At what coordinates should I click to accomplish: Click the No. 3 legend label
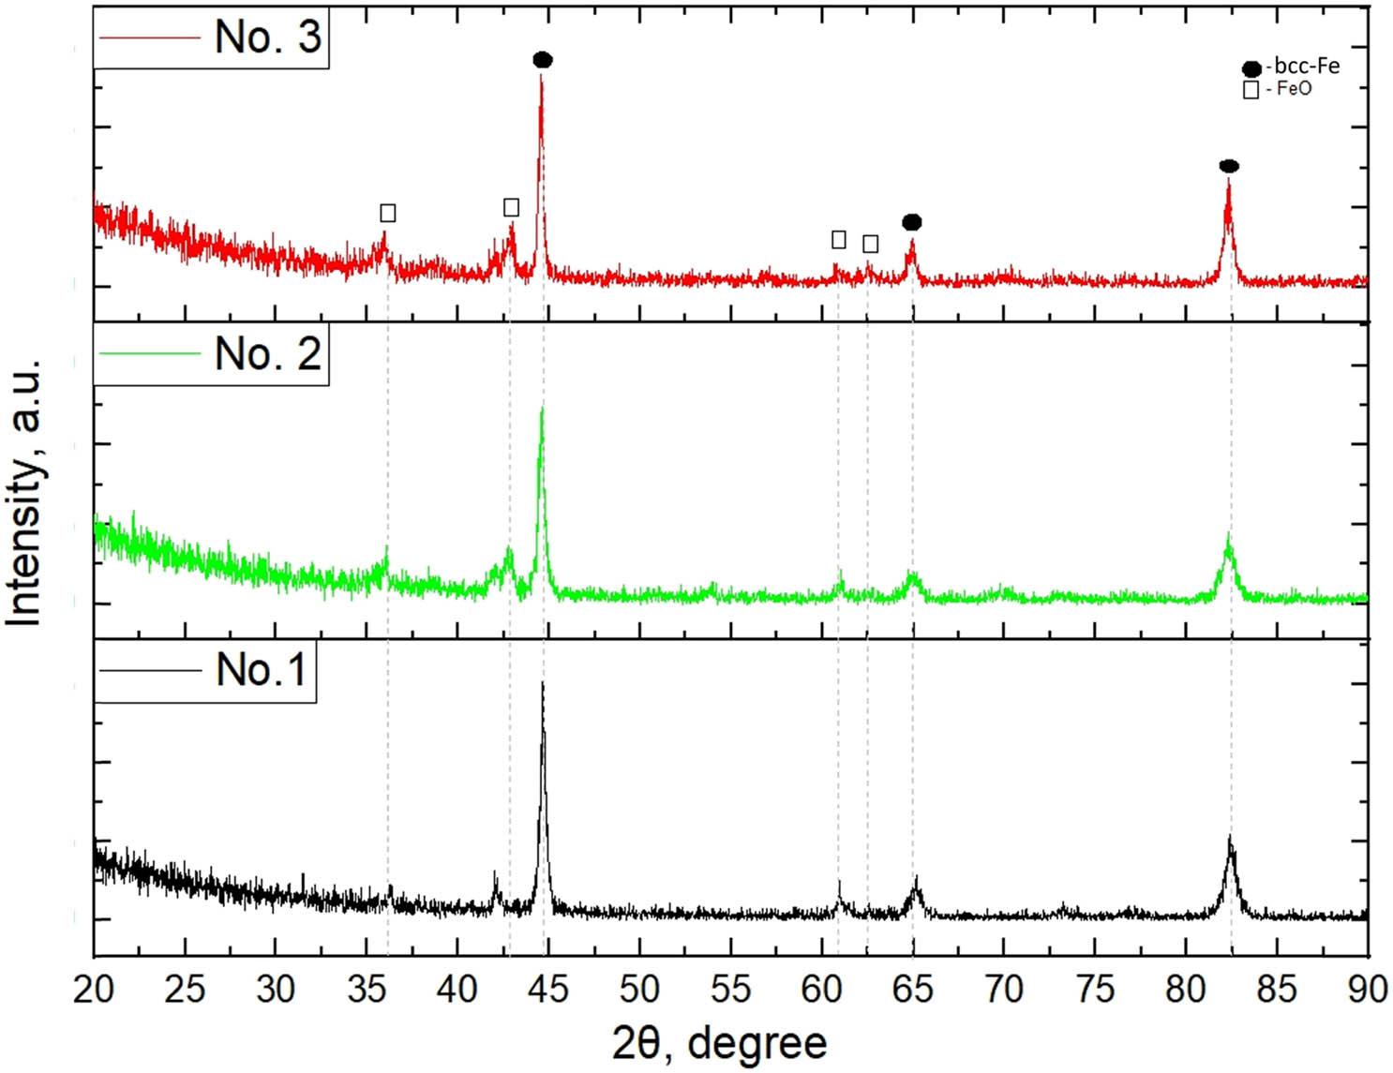267,37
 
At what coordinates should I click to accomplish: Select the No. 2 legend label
267,353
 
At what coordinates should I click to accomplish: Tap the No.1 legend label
261,669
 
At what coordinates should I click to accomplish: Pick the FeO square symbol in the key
1251,90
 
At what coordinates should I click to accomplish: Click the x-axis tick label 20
94,989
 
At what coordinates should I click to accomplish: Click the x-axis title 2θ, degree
720,1042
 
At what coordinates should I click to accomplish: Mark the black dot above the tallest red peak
543,60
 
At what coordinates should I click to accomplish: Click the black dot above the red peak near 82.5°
1229,167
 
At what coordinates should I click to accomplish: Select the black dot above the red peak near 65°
912,222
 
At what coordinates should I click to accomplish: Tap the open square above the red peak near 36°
387,214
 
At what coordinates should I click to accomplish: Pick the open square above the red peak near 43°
511,207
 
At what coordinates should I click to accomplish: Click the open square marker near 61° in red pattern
839,240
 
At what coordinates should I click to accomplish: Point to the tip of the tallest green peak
542,408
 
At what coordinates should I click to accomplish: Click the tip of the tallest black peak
543,683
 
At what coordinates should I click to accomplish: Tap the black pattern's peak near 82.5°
1230,836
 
